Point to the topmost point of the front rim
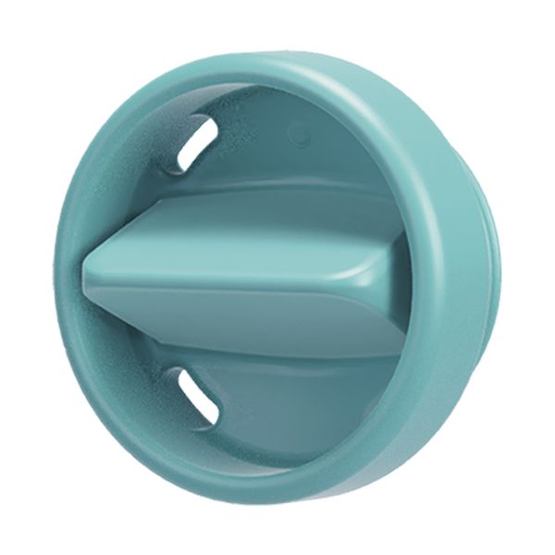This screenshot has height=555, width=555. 250,60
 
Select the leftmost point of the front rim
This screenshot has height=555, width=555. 58,277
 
